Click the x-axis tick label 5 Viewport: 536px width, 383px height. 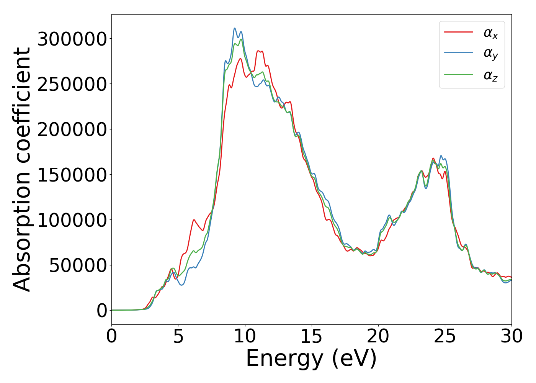point(178,337)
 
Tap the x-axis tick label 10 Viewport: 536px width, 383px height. point(245,337)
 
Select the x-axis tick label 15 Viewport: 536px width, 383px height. point(312,337)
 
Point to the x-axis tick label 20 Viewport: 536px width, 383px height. point(378,337)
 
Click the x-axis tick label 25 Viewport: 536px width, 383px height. point(445,337)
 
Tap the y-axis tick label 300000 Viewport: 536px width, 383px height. point(72,39)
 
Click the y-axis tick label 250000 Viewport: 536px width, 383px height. point(72,84)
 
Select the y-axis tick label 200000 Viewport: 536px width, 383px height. point(72,129)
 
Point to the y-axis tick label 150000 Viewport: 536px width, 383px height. point(72,175)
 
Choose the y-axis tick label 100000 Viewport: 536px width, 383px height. point(72,220)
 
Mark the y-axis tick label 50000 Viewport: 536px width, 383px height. point(78,265)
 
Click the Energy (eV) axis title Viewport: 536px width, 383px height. point(311,359)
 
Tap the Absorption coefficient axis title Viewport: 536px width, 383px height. point(22,169)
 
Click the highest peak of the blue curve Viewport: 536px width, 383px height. point(235,28)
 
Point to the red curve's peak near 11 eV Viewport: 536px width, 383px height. point(259,51)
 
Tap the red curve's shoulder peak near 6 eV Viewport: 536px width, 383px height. point(194,220)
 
